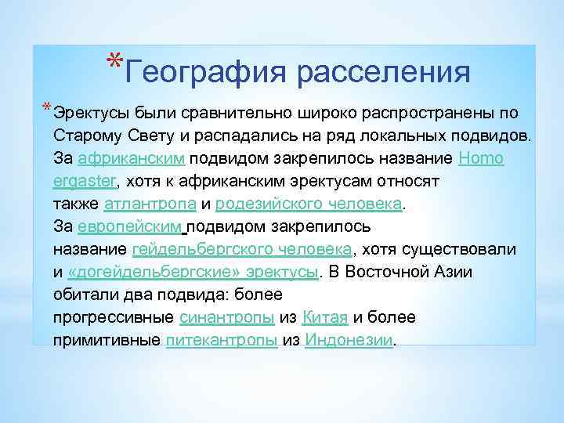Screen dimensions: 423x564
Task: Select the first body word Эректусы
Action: pos(89,113)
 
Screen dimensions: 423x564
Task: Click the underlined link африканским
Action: pos(132,158)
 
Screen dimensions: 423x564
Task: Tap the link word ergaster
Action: pos(84,181)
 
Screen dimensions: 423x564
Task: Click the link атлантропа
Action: pos(150,204)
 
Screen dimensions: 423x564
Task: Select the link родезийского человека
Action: pos(308,204)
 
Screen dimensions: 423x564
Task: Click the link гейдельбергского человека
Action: pos(242,249)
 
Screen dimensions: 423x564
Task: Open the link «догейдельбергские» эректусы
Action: pos(193,272)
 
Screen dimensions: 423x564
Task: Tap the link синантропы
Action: pos(226,317)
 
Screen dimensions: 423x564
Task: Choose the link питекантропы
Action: pos(222,341)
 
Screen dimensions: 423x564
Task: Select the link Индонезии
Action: pos(348,341)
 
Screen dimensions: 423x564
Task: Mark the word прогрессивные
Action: pos(113,317)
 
